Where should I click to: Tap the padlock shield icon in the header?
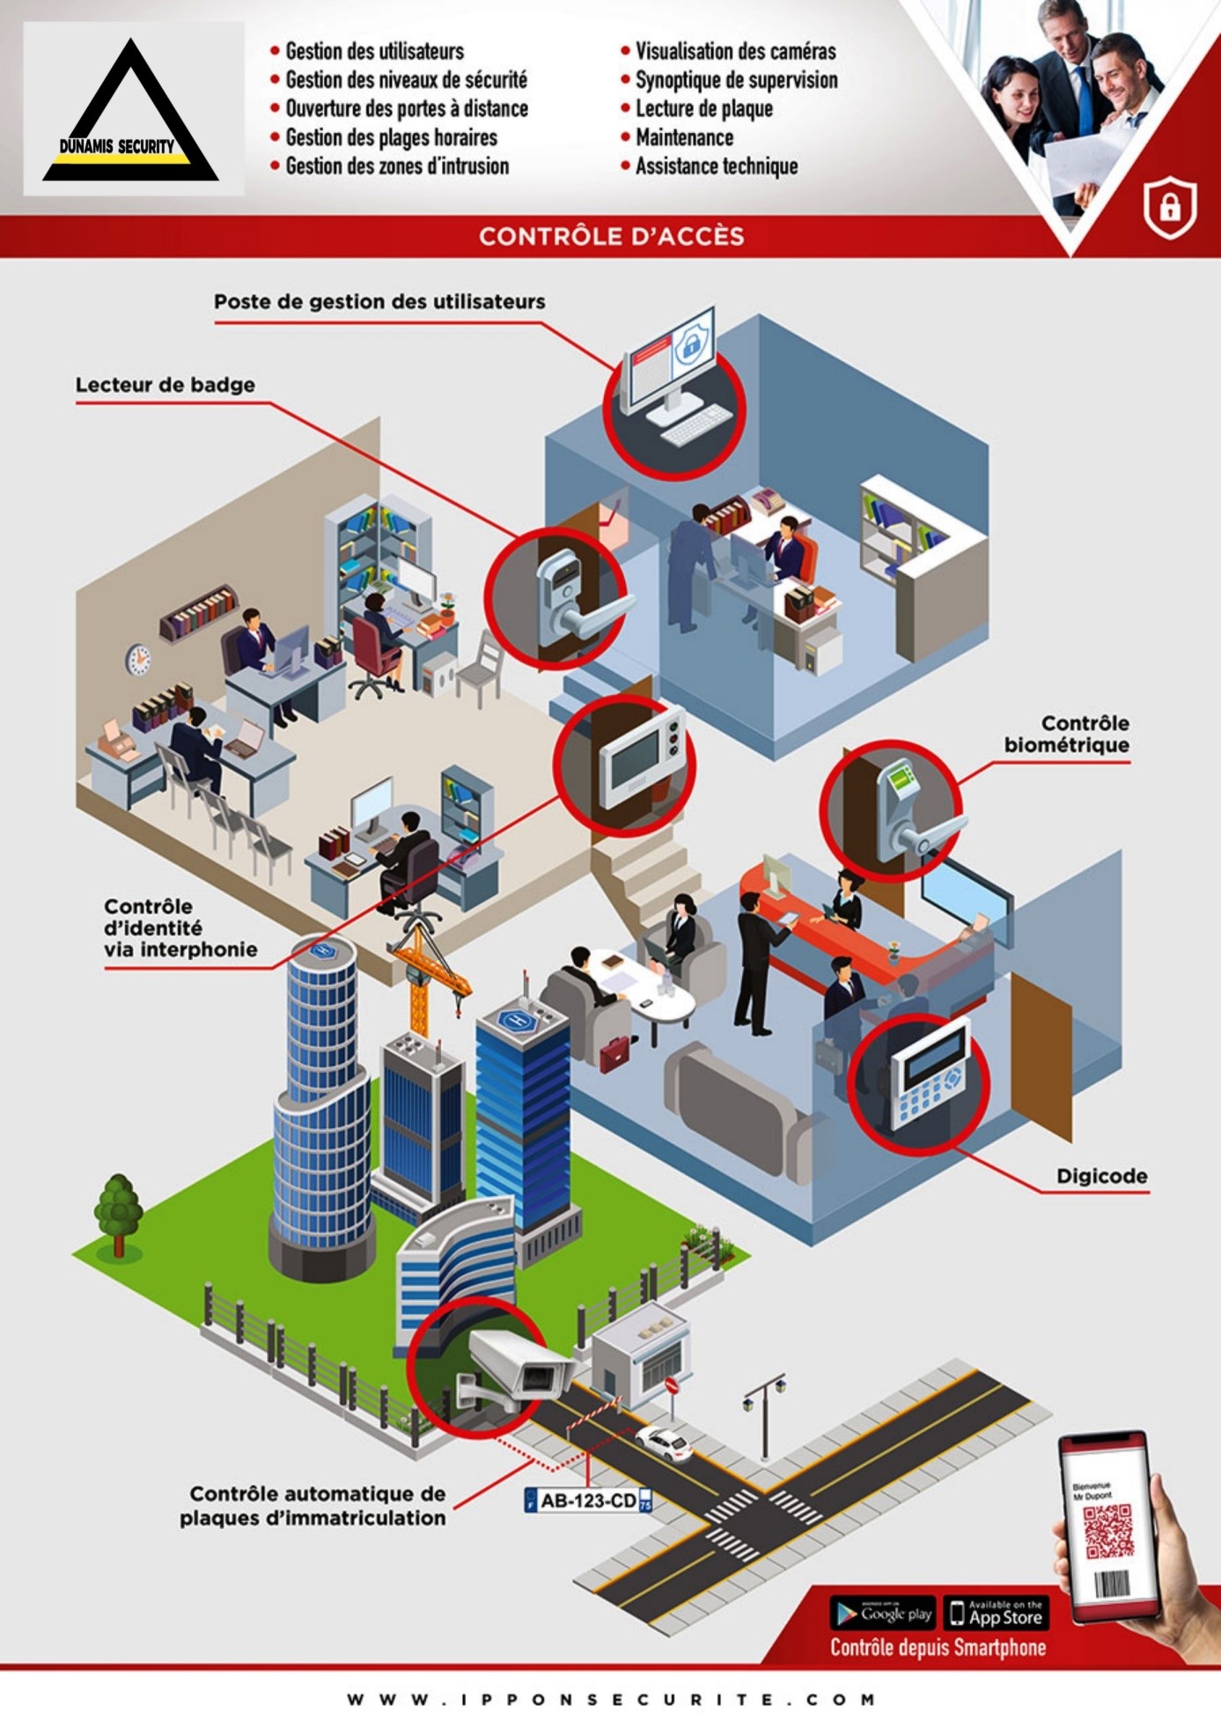(1169, 208)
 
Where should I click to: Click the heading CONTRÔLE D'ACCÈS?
(611, 236)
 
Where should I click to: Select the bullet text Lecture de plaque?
(703, 108)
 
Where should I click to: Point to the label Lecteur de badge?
(165, 385)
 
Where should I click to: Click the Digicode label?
(1101, 1176)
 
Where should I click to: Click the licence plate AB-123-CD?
(588, 1501)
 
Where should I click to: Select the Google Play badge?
(883, 1614)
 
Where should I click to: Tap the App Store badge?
(996, 1614)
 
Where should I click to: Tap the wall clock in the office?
(137, 659)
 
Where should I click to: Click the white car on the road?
(665, 1443)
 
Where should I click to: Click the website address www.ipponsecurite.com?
(611, 1699)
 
